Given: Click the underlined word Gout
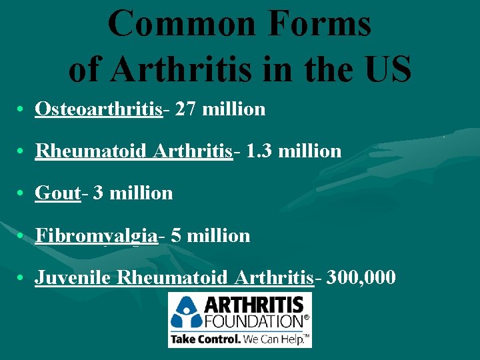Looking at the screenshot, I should click(x=57, y=193).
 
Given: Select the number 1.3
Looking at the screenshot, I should click(x=259, y=151).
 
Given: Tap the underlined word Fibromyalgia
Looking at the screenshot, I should click(x=96, y=235).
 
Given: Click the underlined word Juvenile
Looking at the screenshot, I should click(x=73, y=277).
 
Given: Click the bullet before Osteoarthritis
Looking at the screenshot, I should click(x=23, y=109).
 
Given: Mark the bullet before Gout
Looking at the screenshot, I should click(x=23, y=194).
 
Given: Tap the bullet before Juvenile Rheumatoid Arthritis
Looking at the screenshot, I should click(x=23, y=277).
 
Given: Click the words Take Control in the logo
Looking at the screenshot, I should click(x=205, y=339).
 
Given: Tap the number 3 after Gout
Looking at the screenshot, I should click(x=98, y=193).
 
